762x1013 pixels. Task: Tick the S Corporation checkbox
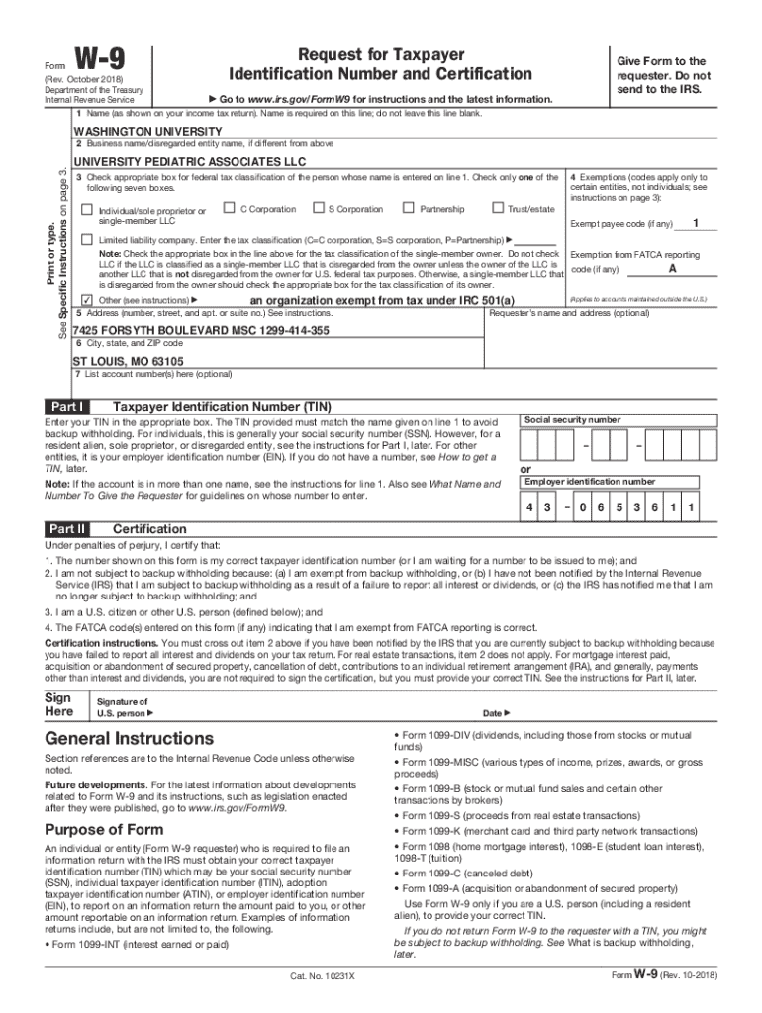(319, 208)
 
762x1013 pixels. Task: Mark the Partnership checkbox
(408, 208)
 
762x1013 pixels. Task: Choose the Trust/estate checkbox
(497, 208)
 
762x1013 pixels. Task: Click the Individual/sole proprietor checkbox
(87, 210)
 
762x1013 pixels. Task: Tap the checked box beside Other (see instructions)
(87, 300)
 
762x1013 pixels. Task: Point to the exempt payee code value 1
(698, 222)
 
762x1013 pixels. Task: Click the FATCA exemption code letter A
(673, 269)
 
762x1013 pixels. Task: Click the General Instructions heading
(129, 739)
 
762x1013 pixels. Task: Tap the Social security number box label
(572, 420)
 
